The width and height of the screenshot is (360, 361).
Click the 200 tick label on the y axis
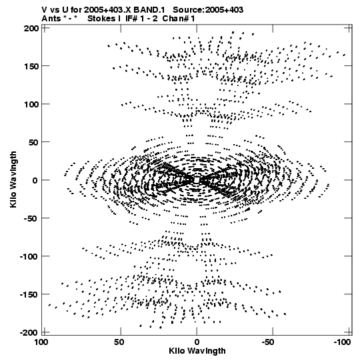point(31,29)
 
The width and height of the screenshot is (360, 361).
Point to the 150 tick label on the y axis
point(31,66)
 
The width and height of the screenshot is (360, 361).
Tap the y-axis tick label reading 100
point(31,104)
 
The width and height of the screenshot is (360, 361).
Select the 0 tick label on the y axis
point(35,180)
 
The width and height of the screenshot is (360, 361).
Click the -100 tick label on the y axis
point(29,256)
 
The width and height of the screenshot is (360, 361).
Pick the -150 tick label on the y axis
point(29,295)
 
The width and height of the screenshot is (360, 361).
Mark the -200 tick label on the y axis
point(29,333)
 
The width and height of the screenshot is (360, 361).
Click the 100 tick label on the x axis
point(41,342)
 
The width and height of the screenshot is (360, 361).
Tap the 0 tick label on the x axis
point(197,342)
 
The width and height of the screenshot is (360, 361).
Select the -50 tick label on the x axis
point(268,342)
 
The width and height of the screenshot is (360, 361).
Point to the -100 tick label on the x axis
point(342,342)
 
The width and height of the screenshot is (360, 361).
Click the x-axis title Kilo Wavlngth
point(197,351)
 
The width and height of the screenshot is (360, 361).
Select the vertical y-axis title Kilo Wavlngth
point(13,179)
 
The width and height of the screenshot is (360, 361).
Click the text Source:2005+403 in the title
point(208,10)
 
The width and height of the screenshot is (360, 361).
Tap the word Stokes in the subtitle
point(101,19)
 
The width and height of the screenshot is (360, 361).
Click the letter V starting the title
point(44,10)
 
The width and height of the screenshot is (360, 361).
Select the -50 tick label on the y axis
point(31,218)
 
